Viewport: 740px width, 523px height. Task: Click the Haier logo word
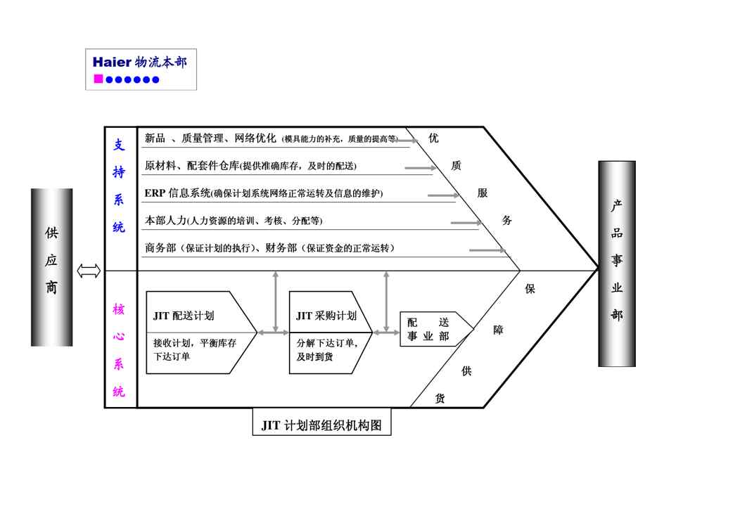click(112, 62)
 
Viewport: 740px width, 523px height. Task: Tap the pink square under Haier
click(98, 79)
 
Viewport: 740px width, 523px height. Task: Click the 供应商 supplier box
click(51, 267)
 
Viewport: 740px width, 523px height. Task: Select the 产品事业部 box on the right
click(617, 263)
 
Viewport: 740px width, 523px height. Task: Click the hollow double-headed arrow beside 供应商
click(89, 271)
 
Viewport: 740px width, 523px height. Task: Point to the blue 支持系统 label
click(120, 186)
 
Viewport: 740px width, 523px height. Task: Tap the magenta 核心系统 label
click(120, 350)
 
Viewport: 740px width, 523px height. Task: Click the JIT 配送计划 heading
click(184, 316)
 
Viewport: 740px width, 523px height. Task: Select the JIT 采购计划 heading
click(326, 316)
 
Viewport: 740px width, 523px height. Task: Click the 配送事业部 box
click(428, 329)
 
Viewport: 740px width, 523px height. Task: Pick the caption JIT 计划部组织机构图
click(321, 425)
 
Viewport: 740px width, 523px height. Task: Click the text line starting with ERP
click(264, 193)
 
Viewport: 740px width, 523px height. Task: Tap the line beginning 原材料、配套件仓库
click(250, 166)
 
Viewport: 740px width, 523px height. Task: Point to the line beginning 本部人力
click(234, 220)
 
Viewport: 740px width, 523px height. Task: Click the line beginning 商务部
click(269, 247)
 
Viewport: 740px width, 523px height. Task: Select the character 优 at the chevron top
click(433, 138)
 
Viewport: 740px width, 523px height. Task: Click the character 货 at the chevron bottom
click(440, 399)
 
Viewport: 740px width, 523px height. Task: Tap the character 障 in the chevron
click(498, 330)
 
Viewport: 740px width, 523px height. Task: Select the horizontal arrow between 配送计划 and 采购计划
click(272, 332)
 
